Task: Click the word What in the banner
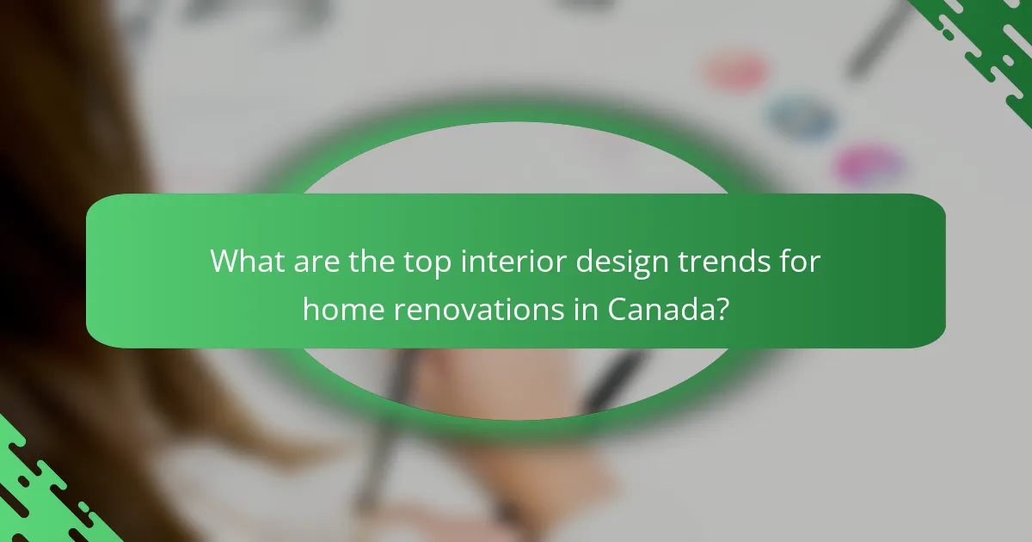click(246, 260)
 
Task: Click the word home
click(343, 307)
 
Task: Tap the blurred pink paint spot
click(735, 71)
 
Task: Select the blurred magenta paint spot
click(869, 163)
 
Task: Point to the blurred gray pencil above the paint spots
click(877, 39)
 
